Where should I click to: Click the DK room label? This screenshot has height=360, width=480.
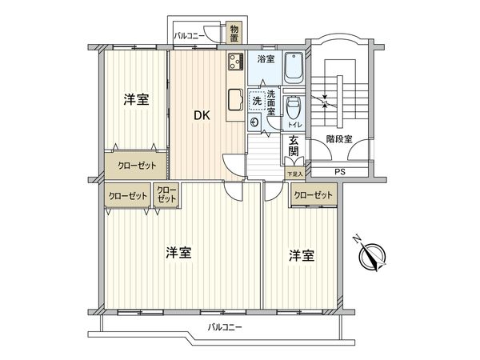[x=202, y=115]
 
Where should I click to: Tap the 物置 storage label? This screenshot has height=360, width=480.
[x=233, y=34]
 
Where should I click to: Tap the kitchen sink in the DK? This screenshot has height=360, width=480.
[x=235, y=99]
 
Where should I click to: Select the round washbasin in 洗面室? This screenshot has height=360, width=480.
[x=255, y=122]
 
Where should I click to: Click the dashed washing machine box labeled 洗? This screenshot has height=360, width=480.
[x=257, y=101]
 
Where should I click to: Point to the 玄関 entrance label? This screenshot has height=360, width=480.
[x=294, y=148]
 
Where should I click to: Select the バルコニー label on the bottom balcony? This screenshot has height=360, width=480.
[x=224, y=327]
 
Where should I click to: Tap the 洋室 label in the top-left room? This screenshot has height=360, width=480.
[x=135, y=99]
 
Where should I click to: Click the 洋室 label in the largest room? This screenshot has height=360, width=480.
[x=178, y=253]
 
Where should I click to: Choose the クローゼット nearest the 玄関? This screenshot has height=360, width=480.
[x=312, y=195]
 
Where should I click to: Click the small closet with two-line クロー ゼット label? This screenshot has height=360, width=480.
[x=166, y=194]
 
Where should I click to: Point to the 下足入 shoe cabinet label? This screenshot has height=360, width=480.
[x=294, y=174]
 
